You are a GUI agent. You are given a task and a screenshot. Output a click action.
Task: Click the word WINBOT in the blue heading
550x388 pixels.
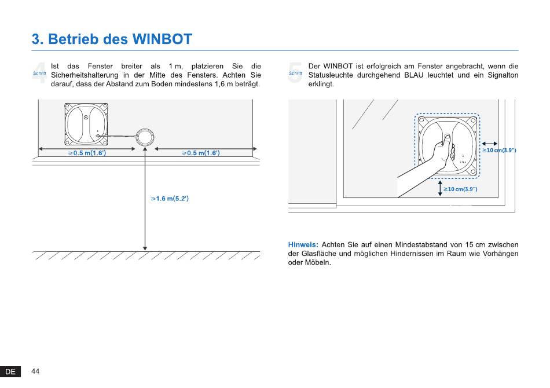tap(163, 39)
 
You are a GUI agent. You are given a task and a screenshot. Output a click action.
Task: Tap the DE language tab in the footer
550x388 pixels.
tap(10, 372)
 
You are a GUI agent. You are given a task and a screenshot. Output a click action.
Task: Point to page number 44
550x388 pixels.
tap(35, 371)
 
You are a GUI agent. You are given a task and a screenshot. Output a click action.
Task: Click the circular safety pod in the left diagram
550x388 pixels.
tap(145, 137)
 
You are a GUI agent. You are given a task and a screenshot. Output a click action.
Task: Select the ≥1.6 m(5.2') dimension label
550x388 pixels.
tap(170, 199)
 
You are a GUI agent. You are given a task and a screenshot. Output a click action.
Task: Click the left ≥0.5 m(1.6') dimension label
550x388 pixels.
tap(87, 153)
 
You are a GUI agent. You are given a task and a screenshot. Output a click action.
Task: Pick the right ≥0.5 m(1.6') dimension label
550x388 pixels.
tap(201, 153)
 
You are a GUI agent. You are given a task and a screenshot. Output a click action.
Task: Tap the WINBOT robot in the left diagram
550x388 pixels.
tap(86, 124)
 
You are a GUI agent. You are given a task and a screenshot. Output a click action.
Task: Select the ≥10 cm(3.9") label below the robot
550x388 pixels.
tap(460, 189)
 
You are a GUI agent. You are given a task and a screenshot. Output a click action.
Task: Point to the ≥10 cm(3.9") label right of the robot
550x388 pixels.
tap(499, 150)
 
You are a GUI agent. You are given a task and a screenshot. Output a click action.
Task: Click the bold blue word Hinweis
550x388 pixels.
tap(303, 244)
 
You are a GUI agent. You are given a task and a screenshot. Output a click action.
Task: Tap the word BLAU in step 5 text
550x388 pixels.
tap(414, 75)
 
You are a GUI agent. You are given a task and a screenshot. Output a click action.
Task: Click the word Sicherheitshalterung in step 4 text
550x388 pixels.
tap(85, 75)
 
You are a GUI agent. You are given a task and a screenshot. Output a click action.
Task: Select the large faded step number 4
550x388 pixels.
tap(39, 73)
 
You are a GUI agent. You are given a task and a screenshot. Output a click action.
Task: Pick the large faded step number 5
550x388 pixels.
tap(295, 73)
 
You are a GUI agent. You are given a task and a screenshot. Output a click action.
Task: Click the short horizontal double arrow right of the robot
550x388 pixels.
tap(490, 144)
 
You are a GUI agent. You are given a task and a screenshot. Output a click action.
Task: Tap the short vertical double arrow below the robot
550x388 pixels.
tap(440, 188)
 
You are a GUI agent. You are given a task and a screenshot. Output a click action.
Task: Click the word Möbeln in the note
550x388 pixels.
tap(318, 262)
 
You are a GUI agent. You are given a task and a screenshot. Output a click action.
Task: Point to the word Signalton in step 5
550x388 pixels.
tap(503, 75)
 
